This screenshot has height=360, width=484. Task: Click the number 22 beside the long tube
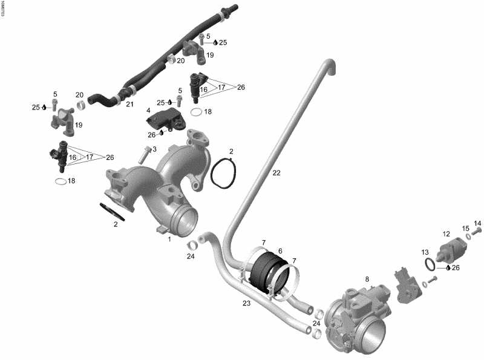click(276, 173)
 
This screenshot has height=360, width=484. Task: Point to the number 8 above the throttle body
click(366, 279)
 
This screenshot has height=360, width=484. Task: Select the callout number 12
click(446, 234)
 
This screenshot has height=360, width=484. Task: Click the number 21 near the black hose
click(129, 104)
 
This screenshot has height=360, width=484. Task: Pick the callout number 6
click(280, 250)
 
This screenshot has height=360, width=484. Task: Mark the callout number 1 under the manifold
click(170, 239)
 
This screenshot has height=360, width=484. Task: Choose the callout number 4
click(148, 111)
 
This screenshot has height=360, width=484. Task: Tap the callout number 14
click(477, 223)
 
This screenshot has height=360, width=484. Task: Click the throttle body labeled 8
click(357, 318)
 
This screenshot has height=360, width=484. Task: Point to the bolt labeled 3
click(143, 155)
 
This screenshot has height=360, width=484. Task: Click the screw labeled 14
click(477, 231)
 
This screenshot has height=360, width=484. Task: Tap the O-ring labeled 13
click(430, 264)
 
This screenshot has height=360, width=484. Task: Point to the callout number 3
click(154, 149)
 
